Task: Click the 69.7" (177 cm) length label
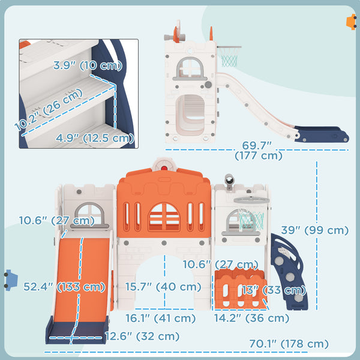(258, 151)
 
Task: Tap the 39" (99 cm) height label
(315, 230)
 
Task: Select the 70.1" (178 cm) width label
(289, 344)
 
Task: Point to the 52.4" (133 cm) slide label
(64, 287)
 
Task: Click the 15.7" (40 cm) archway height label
(163, 287)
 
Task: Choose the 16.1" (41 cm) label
(160, 318)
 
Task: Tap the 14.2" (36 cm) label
(251, 318)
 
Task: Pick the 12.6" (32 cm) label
(142, 337)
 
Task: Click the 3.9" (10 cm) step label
(88, 65)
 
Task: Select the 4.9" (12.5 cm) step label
(95, 138)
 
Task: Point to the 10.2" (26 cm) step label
(49, 109)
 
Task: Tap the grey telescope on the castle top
(229, 181)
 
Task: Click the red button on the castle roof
(164, 168)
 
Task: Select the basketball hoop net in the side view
(229, 57)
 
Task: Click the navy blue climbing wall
(289, 272)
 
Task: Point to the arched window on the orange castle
(164, 217)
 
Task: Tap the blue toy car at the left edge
(11, 280)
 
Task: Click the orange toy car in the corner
(351, 22)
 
